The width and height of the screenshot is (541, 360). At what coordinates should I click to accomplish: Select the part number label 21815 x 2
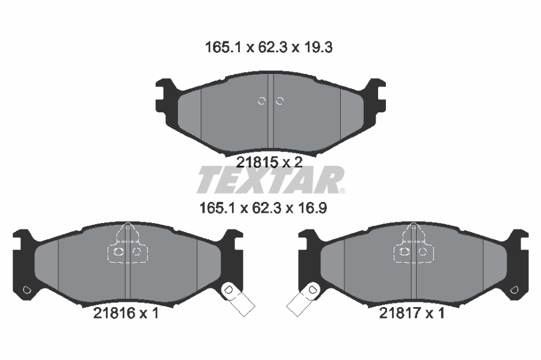(269, 161)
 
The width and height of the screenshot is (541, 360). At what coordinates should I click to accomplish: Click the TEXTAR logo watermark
(269, 180)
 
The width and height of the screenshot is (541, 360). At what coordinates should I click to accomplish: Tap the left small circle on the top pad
(261, 101)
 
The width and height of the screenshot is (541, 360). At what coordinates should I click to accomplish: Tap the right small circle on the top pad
(279, 101)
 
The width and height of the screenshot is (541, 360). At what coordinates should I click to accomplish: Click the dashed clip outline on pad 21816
(127, 246)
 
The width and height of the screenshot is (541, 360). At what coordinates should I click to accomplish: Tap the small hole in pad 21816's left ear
(26, 291)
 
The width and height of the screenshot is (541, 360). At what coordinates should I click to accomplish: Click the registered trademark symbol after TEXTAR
(342, 191)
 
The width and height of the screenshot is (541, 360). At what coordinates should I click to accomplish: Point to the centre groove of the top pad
(270, 114)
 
